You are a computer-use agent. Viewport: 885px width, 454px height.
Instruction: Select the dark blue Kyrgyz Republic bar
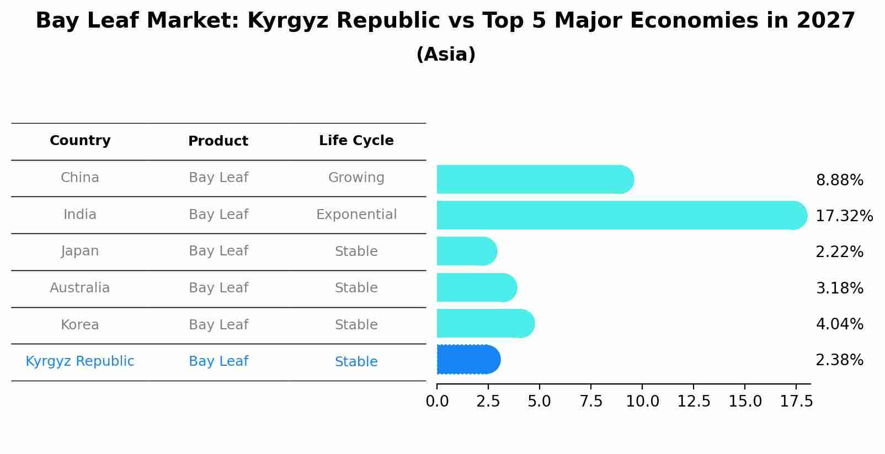point(468,360)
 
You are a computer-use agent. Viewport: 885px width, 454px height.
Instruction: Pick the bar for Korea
point(484,323)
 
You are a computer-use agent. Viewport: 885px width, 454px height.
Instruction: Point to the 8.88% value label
point(839,180)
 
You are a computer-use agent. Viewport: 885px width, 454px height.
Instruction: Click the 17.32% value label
point(844,216)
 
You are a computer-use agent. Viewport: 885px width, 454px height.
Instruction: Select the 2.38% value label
point(839,360)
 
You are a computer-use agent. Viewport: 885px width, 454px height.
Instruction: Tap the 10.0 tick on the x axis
point(642,402)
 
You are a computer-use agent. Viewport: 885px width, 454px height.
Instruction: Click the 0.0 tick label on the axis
point(437,402)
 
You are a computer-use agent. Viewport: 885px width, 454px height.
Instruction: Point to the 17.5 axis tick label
point(796,402)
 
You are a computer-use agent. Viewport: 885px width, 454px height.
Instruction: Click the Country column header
point(80,141)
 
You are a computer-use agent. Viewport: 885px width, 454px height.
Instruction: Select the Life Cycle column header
point(356,141)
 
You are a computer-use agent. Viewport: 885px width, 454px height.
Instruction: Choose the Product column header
point(218,141)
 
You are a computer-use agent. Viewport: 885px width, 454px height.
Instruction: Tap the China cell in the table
point(80,178)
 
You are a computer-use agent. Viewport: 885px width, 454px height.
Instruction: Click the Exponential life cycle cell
point(356,215)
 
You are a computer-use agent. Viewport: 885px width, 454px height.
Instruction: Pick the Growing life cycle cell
point(356,178)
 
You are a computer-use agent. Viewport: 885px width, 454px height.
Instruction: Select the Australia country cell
point(80,288)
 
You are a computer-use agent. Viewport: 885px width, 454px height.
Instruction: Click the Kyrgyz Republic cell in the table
point(80,361)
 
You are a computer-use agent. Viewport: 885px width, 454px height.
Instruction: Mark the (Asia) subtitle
point(446,55)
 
